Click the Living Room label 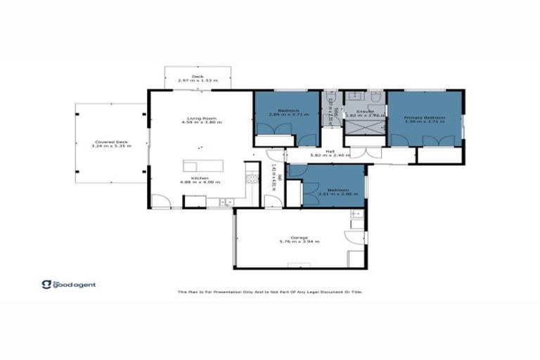[200, 118]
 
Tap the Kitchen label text [200, 178]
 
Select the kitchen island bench [203, 166]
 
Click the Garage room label [299, 237]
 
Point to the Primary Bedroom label [425, 118]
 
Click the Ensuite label [364, 111]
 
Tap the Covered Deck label [104, 141]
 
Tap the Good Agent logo [69, 285]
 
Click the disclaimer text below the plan [270, 292]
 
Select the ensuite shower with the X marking [365, 126]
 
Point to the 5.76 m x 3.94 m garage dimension [299, 242]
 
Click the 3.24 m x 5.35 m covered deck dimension [104, 146]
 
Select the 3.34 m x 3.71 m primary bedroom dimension [425, 122]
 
